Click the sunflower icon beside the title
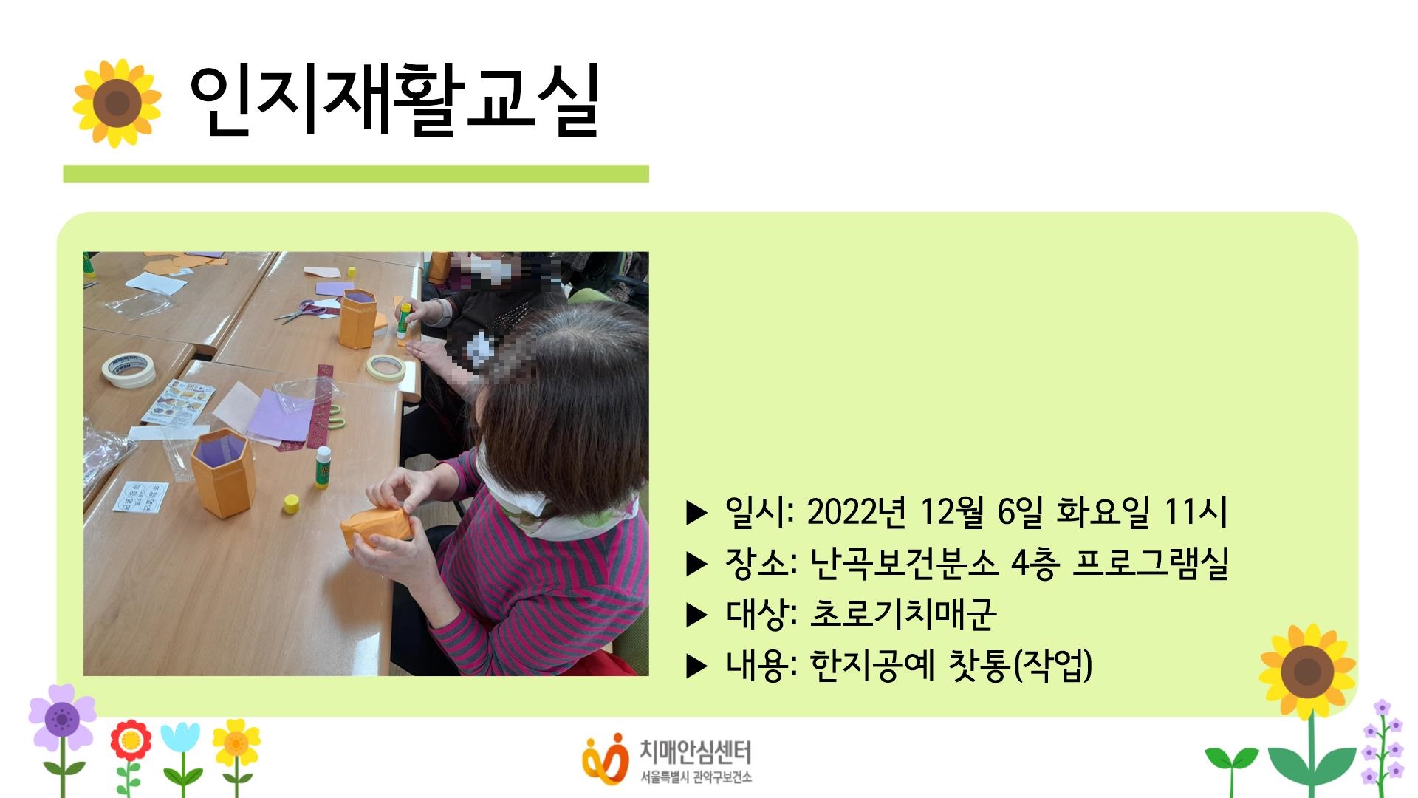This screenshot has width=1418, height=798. [x=117, y=103]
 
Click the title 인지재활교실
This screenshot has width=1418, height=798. [x=394, y=102]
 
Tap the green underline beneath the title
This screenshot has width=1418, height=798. [x=355, y=174]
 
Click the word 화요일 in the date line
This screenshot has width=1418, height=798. [x=1102, y=511]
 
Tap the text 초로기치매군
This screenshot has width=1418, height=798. [x=903, y=614]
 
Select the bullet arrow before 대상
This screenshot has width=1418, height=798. [x=696, y=615]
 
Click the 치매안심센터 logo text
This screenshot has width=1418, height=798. [x=694, y=752]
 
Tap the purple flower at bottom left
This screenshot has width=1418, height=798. [x=62, y=717]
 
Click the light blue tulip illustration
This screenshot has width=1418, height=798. [x=180, y=739]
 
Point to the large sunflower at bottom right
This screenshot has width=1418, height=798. [x=1307, y=672]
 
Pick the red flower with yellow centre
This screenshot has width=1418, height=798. [x=131, y=740]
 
